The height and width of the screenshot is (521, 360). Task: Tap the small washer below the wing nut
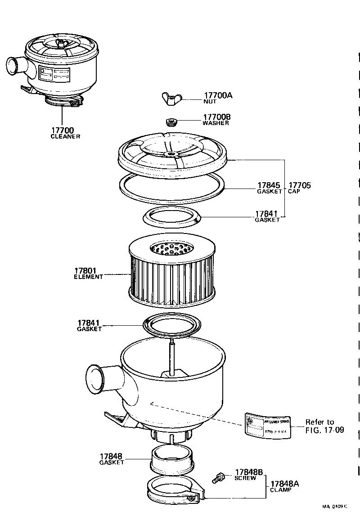pyautogui.click(x=171, y=122)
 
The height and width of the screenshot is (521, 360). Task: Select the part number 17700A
pyautogui.click(x=218, y=95)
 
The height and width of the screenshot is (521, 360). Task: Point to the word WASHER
pyautogui.click(x=216, y=123)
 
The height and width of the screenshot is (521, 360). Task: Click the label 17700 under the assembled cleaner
pyautogui.click(x=63, y=130)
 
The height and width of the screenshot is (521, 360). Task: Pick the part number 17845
pyautogui.click(x=269, y=185)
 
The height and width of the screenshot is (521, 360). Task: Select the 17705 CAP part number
pyautogui.click(x=300, y=185)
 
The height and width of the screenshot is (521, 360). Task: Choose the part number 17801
pyautogui.click(x=85, y=271)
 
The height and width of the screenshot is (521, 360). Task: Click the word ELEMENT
pyautogui.click(x=88, y=277)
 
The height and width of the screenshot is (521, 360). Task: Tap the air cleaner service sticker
pyautogui.click(x=268, y=425)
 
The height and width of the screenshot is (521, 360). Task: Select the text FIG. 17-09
pyautogui.click(x=324, y=430)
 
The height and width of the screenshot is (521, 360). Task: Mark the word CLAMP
pyautogui.click(x=280, y=490)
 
